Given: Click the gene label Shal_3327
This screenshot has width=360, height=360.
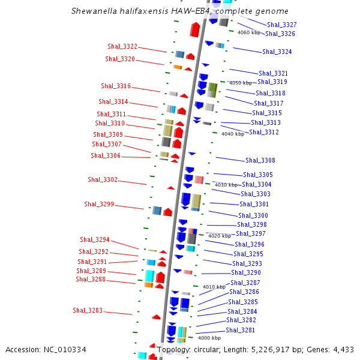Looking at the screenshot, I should [x=281, y=25].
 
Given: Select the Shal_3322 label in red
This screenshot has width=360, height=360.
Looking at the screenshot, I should [x=122, y=46].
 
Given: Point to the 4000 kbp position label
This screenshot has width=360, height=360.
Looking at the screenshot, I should [x=209, y=338].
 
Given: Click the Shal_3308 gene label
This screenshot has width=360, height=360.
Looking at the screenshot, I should [x=260, y=160].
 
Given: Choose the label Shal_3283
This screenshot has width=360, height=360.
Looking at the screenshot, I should [x=88, y=310].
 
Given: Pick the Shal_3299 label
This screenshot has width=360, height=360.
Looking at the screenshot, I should [x=99, y=204].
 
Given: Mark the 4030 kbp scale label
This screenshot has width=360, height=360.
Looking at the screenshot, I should [x=226, y=185].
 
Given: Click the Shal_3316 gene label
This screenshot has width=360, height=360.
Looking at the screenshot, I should [x=116, y=86].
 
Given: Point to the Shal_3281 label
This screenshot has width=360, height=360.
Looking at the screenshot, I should [x=240, y=330].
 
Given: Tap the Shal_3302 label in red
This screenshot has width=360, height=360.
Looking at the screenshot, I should [x=103, y=179].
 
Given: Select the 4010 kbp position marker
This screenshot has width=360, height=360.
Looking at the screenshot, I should [x=214, y=287].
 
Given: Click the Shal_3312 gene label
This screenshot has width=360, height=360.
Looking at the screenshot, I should [x=264, y=132].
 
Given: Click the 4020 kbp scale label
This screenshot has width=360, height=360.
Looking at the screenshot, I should [x=220, y=236].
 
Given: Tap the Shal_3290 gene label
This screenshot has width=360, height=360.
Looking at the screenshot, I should [x=246, y=272].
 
